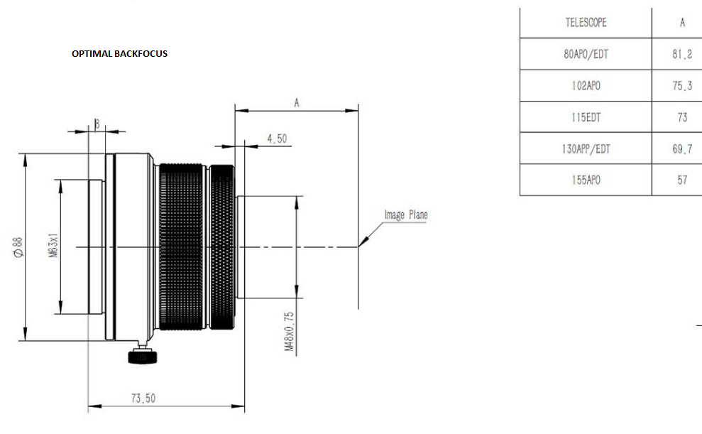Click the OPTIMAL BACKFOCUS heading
pyautogui.click(x=119, y=54)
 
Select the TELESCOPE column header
pyautogui.click(x=586, y=23)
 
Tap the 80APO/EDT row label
pyautogui.click(x=586, y=54)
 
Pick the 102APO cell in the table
pyautogui.click(x=586, y=85)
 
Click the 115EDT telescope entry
pyautogui.click(x=586, y=117)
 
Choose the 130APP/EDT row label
pyautogui.click(x=586, y=148)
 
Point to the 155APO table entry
pyautogui.click(x=586, y=180)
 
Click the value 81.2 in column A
pyautogui.click(x=682, y=54)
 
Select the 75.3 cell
pyautogui.click(x=682, y=85)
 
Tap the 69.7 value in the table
pyautogui.click(x=682, y=148)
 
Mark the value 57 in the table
pyautogui.click(x=682, y=180)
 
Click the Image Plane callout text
pyautogui.click(x=406, y=215)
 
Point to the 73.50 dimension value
pyautogui.click(x=143, y=398)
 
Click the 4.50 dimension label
pyautogui.click(x=277, y=139)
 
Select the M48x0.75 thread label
pyautogui.click(x=290, y=332)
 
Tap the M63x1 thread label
pyautogui.click(x=53, y=245)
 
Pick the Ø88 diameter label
pyautogui.click(x=18, y=247)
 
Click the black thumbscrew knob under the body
pyautogui.click(x=143, y=357)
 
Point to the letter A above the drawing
pyautogui.click(x=297, y=104)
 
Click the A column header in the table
pyautogui.click(x=682, y=23)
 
